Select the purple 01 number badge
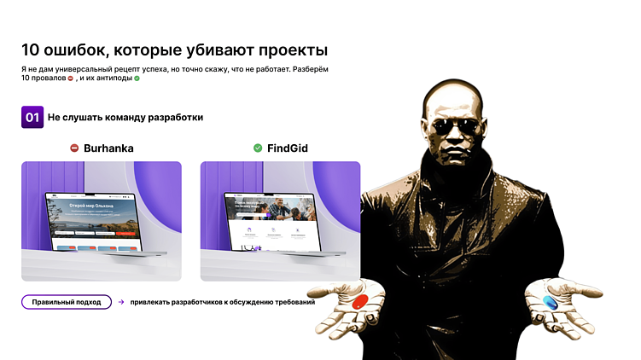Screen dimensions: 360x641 [x=32, y=117]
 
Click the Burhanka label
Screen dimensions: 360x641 [x=108, y=148]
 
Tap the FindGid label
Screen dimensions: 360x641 [x=287, y=148]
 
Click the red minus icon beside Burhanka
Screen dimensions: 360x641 [x=75, y=148]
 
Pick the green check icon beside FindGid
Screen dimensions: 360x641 [x=258, y=148]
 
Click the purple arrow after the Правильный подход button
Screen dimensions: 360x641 [x=121, y=302]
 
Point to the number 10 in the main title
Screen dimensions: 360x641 [x=32, y=50]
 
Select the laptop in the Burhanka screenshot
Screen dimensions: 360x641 [x=102, y=224]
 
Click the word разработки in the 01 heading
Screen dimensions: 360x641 [x=175, y=117]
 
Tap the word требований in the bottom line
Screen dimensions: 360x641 [x=292, y=302]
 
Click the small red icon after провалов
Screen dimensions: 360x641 [x=71, y=78]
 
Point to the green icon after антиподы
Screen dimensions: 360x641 [x=137, y=78]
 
